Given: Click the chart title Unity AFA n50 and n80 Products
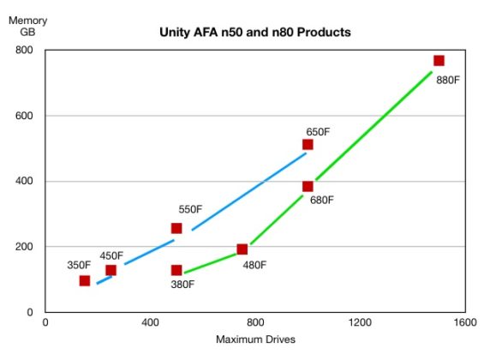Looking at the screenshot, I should tap(255, 33).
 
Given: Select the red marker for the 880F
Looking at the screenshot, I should tap(439, 61).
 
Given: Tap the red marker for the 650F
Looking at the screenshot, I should tap(308, 145).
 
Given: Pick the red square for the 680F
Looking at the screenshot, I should tap(308, 186).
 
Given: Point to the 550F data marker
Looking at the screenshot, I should tap(176, 228).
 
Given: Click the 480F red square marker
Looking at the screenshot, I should tap(242, 249).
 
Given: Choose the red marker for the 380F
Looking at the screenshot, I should tap(176, 270).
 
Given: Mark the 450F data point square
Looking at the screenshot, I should tap(111, 270).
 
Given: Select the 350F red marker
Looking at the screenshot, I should tap(84, 280).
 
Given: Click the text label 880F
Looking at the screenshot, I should tap(449, 82).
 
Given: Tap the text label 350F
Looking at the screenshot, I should tap(80, 265).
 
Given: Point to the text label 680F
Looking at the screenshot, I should tap(320, 201).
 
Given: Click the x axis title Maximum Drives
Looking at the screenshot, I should tap(255, 340).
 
